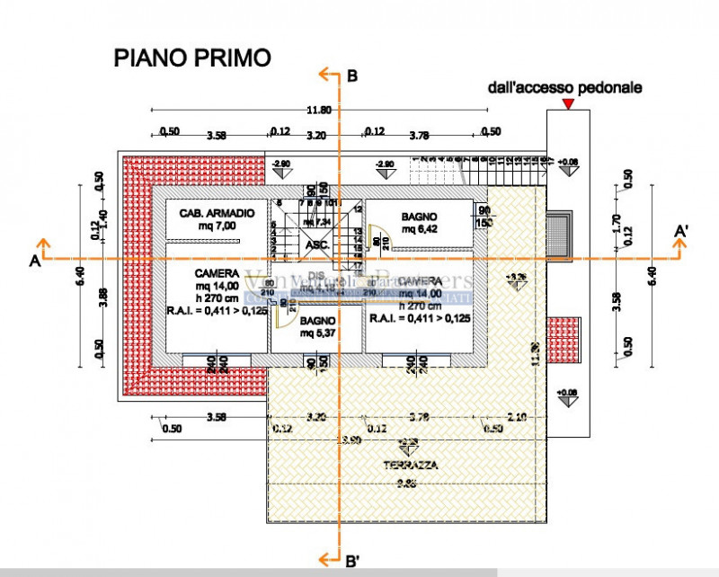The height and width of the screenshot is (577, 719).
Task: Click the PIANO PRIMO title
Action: click(x=191, y=58)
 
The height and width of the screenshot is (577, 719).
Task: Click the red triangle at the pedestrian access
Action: click(x=567, y=104)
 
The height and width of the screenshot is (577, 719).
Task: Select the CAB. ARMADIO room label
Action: click(x=217, y=213)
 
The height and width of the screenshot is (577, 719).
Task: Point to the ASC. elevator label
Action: click(x=317, y=244)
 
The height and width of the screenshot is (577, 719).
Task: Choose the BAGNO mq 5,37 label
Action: click(x=317, y=326)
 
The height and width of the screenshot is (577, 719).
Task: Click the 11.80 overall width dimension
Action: click(x=319, y=110)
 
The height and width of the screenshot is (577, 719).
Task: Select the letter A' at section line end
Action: click(x=683, y=232)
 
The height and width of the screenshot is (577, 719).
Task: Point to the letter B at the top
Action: click(x=352, y=78)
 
